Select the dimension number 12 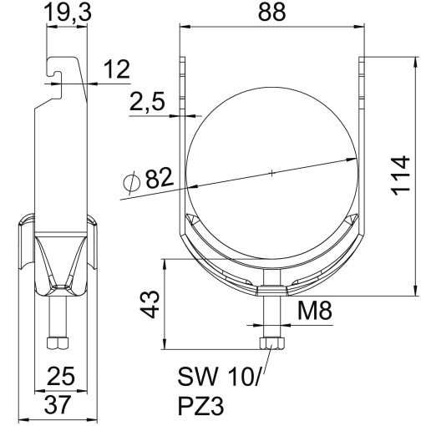[x=118, y=70]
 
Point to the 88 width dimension [x=271, y=13]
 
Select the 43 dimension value [x=146, y=304]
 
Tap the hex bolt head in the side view [x=58, y=342]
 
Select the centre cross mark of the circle [x=271, y=173]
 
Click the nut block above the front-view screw [x=271, y=291]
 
